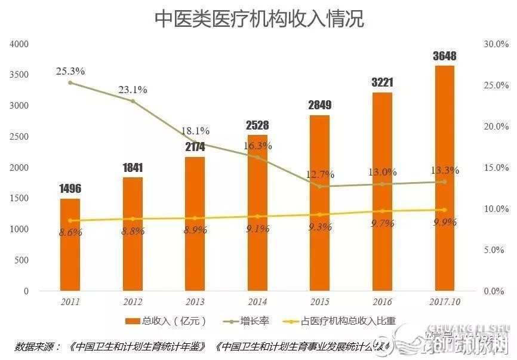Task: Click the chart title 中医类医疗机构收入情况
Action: [259, 19]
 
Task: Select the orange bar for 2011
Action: [70, 245]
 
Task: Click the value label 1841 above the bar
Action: [133, 168]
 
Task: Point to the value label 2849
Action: [319, 106]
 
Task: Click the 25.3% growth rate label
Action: [70, 71]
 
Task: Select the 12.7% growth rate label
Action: [319, 175]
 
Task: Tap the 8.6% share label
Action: [70, 233]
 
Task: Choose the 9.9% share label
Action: [445, 222]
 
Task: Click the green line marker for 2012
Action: [133, 101]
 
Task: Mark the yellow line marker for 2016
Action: [383, 211]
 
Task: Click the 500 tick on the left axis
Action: [22, 260]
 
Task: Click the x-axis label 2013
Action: [195, 303]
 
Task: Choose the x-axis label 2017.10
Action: [445, 303]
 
